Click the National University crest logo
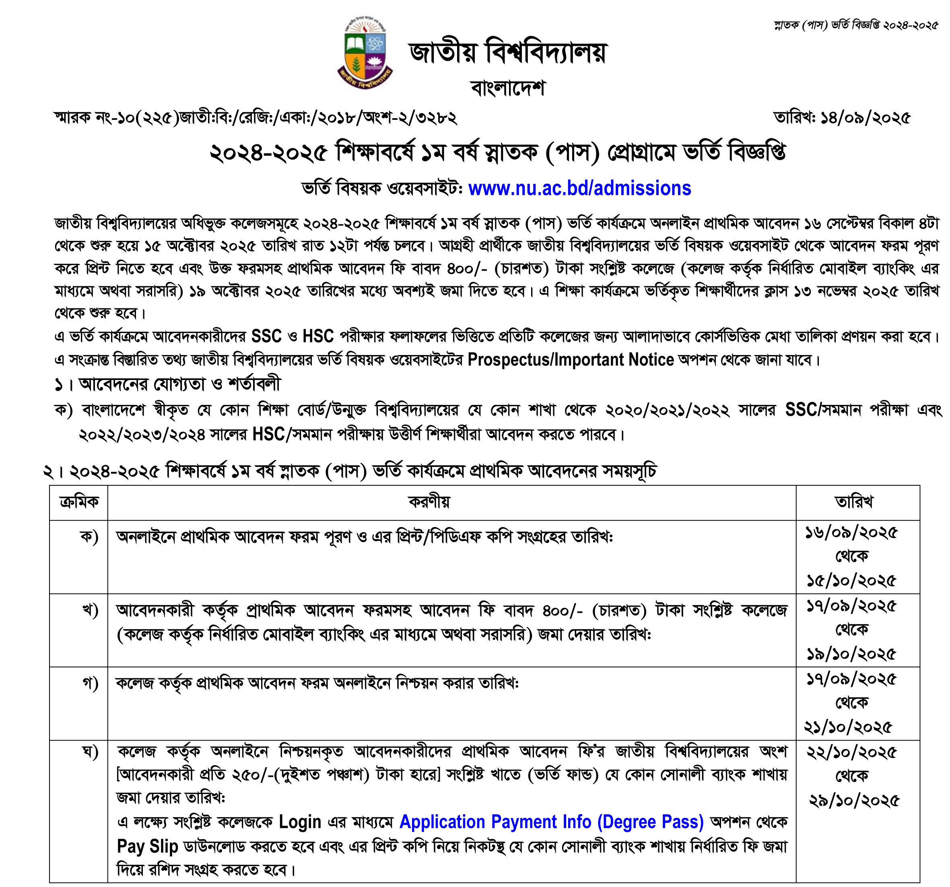365,53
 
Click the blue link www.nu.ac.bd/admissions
579,189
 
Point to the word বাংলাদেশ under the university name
507,88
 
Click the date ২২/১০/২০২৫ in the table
852,753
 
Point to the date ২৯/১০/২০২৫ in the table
854,801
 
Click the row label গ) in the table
90,684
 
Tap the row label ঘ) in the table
90,753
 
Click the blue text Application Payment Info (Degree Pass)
552,822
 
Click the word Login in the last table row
300,822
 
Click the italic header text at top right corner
856,25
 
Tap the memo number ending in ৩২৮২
256,118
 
